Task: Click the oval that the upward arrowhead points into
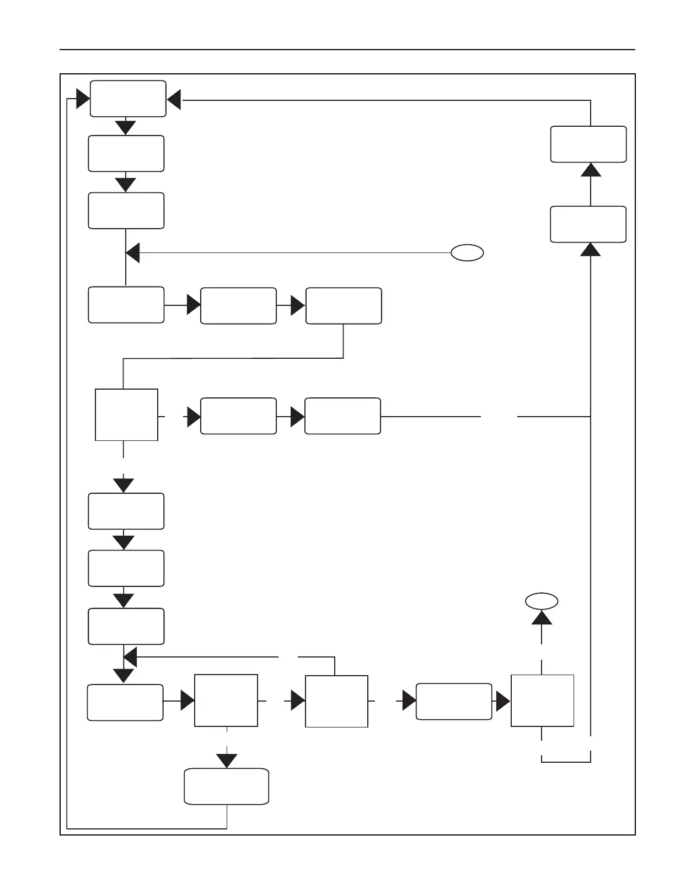coord(542,601)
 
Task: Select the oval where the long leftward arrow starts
coord(467,253)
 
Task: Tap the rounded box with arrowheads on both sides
coord(128,99)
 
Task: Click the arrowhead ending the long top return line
coord(174,100)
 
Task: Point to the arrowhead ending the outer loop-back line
coord(83,99)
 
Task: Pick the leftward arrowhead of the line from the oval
coord(133,254)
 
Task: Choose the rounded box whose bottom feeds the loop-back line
coord(226,786)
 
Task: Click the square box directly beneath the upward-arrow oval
coord(542,700)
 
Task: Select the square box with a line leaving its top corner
coord(336,701)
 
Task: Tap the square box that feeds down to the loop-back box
coord(226,700)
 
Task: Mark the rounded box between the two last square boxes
coord(453,702)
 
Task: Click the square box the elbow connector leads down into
coord(126,414)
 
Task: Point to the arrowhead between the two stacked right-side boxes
coord(591,169)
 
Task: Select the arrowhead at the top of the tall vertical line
coord(591,250)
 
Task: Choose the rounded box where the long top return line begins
coord(588,144)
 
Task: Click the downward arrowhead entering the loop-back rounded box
coord(227,761)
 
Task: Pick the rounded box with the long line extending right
coord(342,416)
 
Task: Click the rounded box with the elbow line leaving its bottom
coord(343,305)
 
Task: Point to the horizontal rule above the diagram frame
coord(347,50)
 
